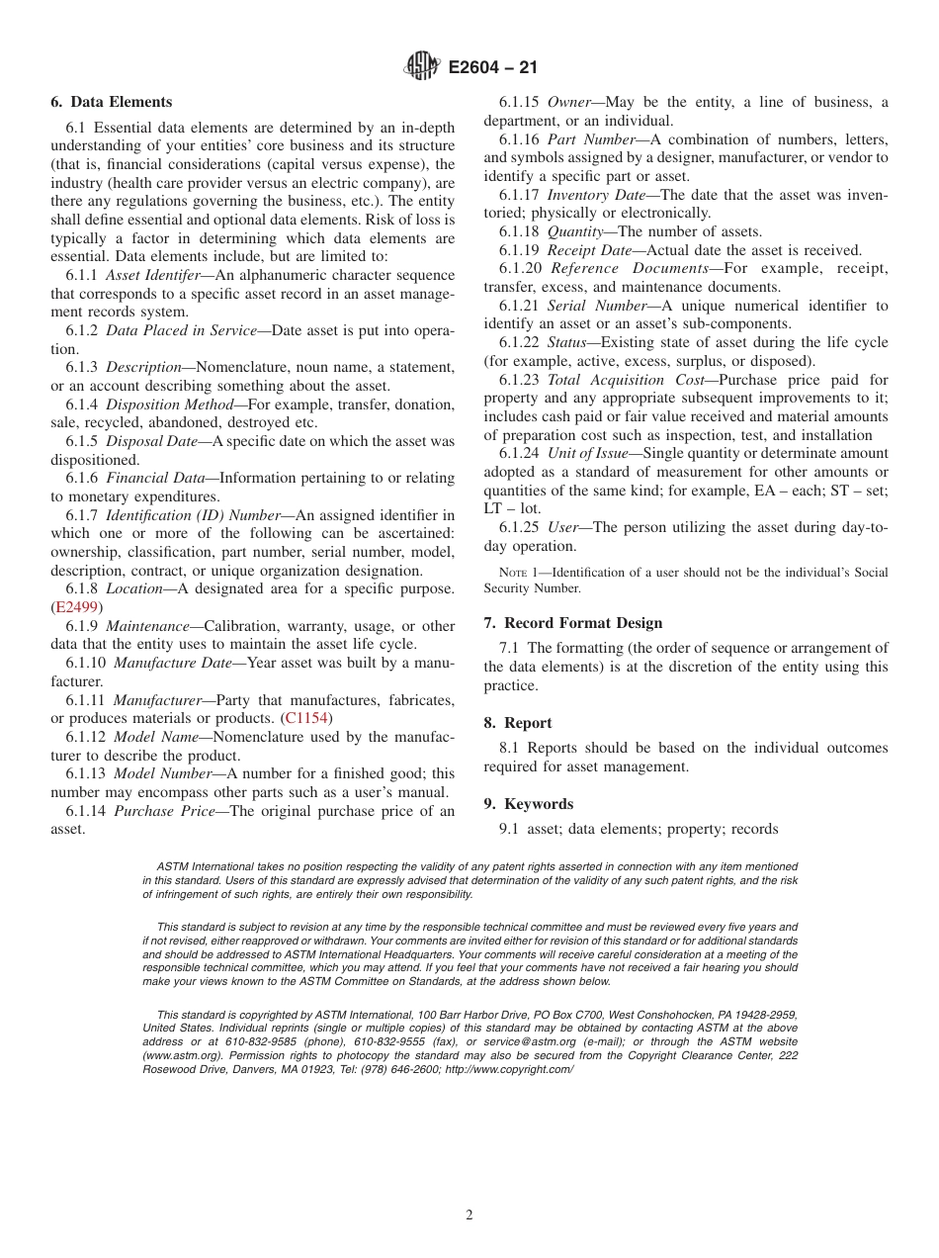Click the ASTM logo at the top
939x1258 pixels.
(x=422, y=67)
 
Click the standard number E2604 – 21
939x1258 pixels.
(x=492, y=68)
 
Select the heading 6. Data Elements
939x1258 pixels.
(x=111, y=102)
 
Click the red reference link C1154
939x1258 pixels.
(x=306, y=718)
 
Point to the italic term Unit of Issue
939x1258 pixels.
(x=587, y=454)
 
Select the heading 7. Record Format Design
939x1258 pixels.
(x=573, y=623)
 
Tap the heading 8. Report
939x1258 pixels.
(x=518, y=723)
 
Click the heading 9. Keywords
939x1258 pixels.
(x=528, y=804)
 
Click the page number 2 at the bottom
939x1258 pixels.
(x=469, y=1215)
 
